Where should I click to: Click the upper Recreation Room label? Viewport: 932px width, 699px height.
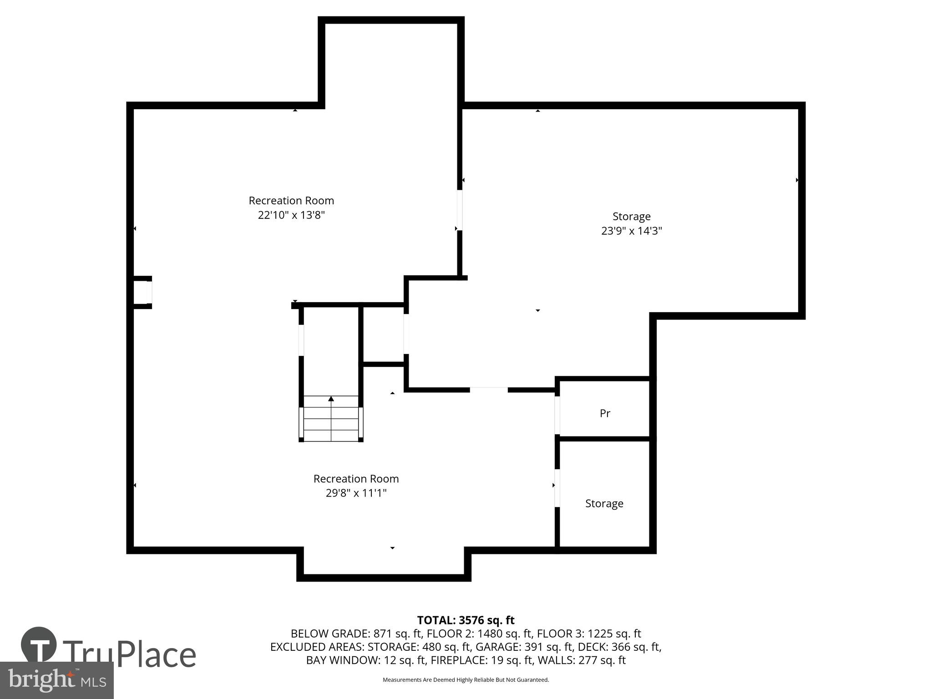pyautogui.click(x=291, y=201)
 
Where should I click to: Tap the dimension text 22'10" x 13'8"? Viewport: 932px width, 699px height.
pyautogui.click(x=291, y=215)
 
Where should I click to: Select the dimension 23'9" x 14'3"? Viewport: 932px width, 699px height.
pyautogui.click(x=631, y=231)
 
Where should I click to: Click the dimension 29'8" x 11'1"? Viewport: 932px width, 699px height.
pyautogui.click(x=356, y=493)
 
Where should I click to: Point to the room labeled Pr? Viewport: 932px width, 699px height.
pyautogui.click(x=605, y=413)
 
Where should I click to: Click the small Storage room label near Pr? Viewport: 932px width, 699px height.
pyautogui.click(x=604, y=504)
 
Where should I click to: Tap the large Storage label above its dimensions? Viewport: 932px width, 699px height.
pyautogui.click(x=631, y=217)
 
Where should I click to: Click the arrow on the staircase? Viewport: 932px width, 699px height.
pyautogui.click(x=331, y=399)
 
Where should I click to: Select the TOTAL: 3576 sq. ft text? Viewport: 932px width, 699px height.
pyautogui.click(x=466, y=620)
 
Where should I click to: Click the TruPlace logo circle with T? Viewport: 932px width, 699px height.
pyautogui.click(x=39, y=645)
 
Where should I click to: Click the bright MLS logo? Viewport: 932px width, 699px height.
pyautogui.click(x=56, y=680)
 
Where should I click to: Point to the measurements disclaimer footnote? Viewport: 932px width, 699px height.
pyautogui.click(x=466, y=680)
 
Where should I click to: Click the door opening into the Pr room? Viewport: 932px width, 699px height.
pyautogui.click(x=557, y=415)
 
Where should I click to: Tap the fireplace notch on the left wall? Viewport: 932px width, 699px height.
pyautogui.click(x=142, y=292)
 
